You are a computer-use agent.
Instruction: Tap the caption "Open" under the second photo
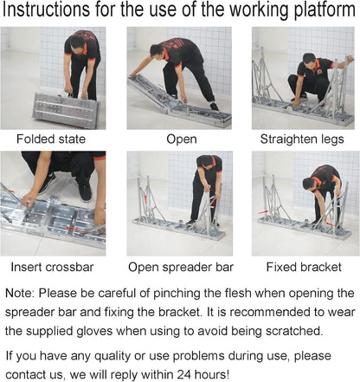(181, 139)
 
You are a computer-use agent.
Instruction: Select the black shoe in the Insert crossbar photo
(85, 188)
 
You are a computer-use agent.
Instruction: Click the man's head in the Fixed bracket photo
(311, 183)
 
